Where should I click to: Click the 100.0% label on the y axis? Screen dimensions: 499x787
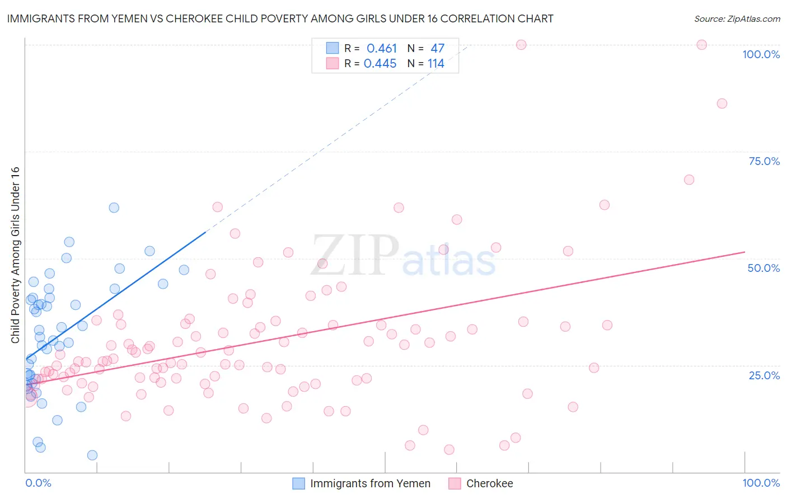pyautogui.click(x=761, y=54)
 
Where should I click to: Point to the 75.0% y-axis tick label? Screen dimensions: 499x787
pyautogui.click(x=764, y=161)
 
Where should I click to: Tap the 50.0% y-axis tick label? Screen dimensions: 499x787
pyautogui.click(x=763, y=268)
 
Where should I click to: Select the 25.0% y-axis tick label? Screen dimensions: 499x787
pyautogui.click(x=764, y=375)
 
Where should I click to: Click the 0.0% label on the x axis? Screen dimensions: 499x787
pyautogui.click(x=38, y=483)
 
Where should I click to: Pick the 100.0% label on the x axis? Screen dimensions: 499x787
pyautogui.click(x=761, y=483)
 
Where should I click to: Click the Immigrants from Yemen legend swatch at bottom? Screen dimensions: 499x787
pyautogui.click(x=299, y=483)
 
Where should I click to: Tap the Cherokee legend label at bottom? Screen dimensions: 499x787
pyautogui.click(x=489, y=483)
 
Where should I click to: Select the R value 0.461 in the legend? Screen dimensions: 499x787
pyautogui.click(x=382, y=49)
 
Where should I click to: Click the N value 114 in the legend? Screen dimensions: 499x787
pyautogui.click(x=436, y=64)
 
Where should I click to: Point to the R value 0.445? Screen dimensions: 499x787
pyautogui.click(x=380, y=64)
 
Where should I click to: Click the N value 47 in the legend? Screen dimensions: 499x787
pyautogui.click(x=437, y=49)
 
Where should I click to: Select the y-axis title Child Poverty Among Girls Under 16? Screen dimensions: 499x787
pyautogui.click(x=15, y=255)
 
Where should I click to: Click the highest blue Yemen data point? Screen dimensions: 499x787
pyautogui.click(x=114, y=208)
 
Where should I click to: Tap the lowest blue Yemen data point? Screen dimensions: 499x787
pyautogui.click(x=92, y=455)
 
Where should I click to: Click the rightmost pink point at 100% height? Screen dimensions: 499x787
pyautogui.click(x=701, y=45)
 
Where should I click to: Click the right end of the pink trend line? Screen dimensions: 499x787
pyautogui.click(x=744, y=252)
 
